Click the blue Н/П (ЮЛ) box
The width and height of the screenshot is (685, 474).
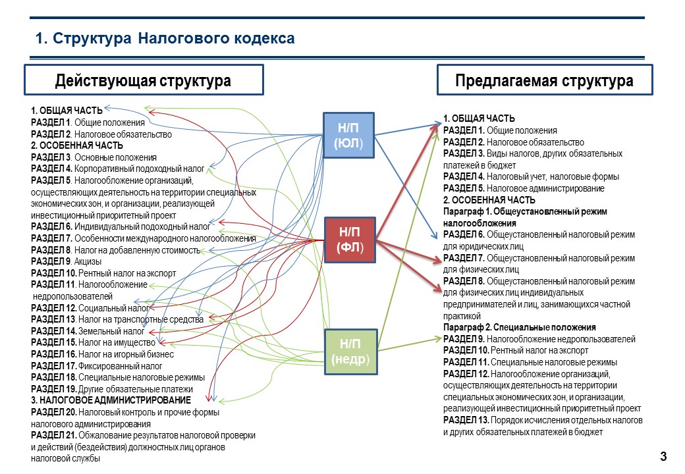point(348,136)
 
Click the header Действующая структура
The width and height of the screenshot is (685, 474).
point(143,80)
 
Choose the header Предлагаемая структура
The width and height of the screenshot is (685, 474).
point(545,80)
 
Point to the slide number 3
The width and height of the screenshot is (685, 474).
point(663,457)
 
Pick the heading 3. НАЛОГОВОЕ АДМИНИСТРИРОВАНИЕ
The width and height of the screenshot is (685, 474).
point(111,400)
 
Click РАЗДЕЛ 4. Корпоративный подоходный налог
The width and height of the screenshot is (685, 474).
point(117,169)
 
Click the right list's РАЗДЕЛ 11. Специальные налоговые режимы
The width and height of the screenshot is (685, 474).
point(530,362)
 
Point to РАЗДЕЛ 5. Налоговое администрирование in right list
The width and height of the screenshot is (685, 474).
point(524,188)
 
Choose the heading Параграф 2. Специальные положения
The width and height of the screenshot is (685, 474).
point(519,327)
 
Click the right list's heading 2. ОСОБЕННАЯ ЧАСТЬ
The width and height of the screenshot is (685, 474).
point(489,199)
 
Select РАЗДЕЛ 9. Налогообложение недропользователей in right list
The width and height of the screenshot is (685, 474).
point(539,339)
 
